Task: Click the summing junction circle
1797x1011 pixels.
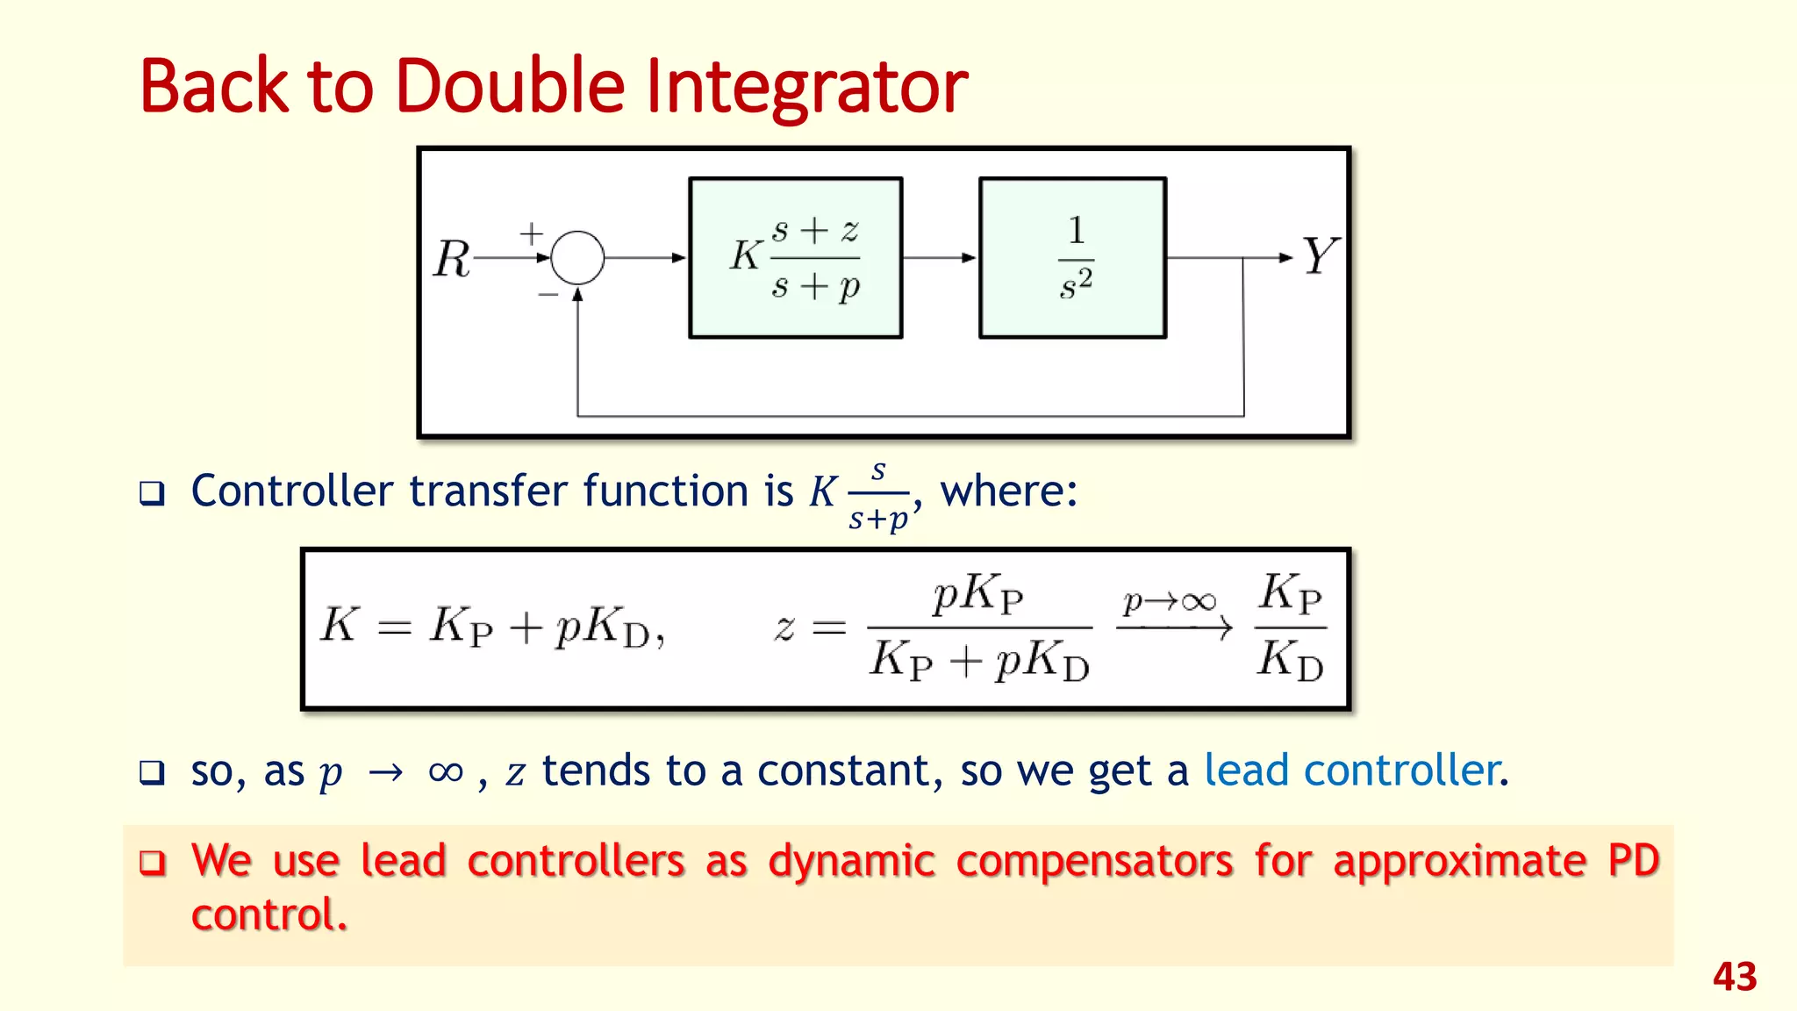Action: click(577, 258)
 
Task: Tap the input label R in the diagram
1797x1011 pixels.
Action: click(453, 260)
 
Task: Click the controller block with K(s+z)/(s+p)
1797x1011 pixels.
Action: click(795, 258)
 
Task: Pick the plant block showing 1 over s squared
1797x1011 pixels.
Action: click(1072, 258)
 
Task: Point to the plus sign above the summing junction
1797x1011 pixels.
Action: click(531, 233)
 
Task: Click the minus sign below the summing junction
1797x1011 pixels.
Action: click(548, 295)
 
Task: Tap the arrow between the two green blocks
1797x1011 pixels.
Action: click(940, 258)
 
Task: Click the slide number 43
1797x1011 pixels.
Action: click(1734, 977)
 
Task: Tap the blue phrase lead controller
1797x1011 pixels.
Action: click(1352, 771)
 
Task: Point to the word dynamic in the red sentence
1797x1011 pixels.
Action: click(851, 860)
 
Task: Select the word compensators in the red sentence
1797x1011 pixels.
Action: click(1094, 860)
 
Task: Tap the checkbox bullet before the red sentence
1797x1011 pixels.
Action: click(153, 863)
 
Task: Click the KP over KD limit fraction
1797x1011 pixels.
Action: click(1290, 627)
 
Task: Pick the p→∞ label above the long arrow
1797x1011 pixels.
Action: click(1170, 602)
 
